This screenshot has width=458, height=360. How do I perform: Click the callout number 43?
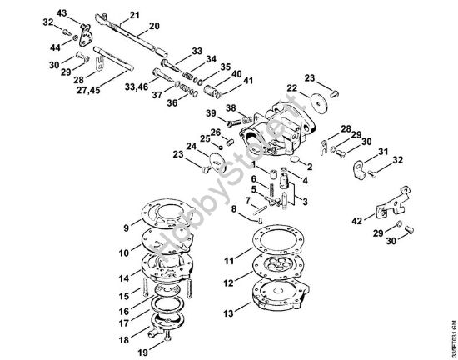coord(62,13)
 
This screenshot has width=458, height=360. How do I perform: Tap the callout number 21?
coord(134,15)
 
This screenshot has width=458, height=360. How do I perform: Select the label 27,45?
coord(88,90)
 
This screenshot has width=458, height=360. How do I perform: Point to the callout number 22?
coord(291,88)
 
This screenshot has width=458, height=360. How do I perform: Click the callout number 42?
coord(356,221)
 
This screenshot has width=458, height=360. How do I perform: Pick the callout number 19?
coord(143,352)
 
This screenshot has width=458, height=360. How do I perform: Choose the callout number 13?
coord(228,313)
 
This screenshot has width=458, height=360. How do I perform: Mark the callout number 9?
coord(126,227)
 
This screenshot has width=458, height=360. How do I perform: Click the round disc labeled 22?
coord(318,102)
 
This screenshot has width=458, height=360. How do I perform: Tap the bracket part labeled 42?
coord(391,204)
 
